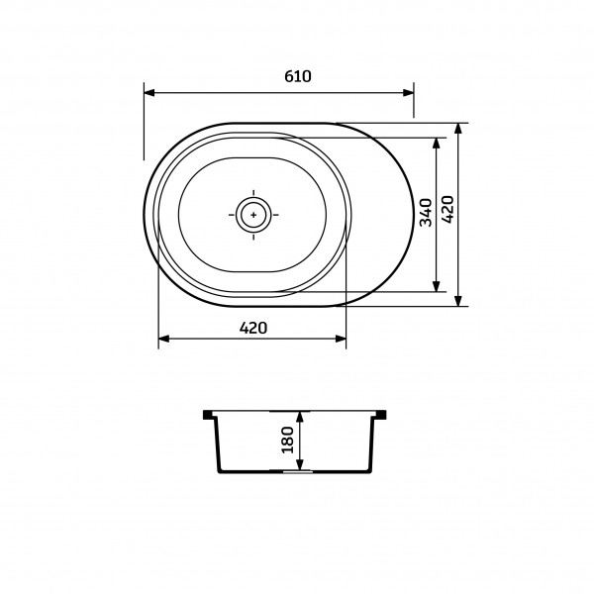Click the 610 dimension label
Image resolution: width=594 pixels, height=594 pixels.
click(298, 76)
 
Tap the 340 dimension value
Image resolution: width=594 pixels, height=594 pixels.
click(426, 212)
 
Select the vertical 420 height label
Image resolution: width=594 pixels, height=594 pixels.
click(447, 210)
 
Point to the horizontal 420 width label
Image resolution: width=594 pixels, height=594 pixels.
click(253, 328)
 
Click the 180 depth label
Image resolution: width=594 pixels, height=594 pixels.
click(288, 440)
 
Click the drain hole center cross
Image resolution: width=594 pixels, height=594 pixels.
click(253, 215)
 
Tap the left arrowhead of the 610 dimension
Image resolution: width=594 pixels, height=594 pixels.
click(149, 93)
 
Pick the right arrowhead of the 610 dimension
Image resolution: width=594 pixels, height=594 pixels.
click(408, 93)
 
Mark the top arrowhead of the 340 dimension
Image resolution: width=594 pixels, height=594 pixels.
click(437, 143)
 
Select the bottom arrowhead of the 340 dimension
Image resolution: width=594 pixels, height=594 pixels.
click(437, 286)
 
